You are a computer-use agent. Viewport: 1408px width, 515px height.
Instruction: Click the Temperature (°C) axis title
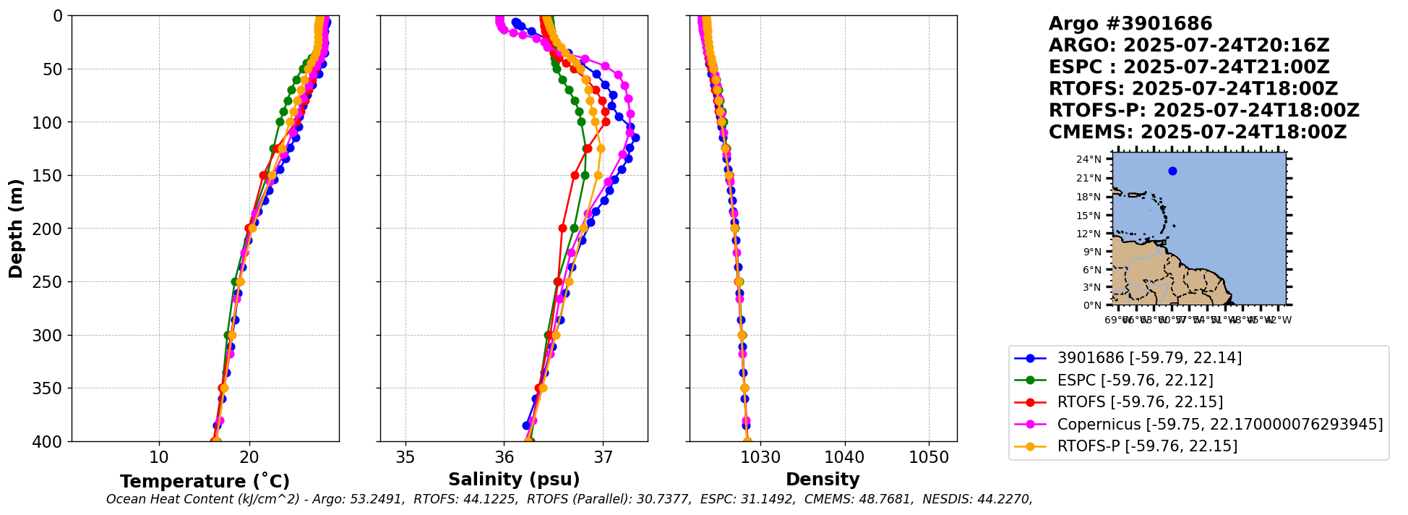tap(205, 482)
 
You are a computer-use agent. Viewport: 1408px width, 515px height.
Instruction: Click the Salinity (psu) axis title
tap(514, 480)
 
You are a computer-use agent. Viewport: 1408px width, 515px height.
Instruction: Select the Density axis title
tap(823, 480)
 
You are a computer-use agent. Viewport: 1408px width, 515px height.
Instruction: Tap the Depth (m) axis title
tap(15, 228)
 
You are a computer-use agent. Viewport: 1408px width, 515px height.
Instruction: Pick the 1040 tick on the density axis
tap(844, 458)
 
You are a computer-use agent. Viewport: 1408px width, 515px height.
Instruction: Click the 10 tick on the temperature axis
tap(159, 458)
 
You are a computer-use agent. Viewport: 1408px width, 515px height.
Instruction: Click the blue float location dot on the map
tap(1172, 171)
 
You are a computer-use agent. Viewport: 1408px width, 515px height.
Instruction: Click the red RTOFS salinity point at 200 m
tap(562, 228)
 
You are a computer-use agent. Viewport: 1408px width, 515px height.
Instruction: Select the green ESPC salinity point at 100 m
tap(581, 122)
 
